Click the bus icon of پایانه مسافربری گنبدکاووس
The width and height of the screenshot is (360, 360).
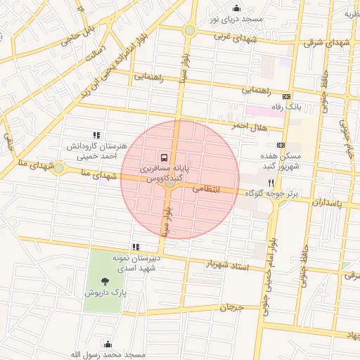pyautogui.click(x=164, y=157)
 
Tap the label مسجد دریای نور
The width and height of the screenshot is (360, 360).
pyautogui.click(x=239, y=19)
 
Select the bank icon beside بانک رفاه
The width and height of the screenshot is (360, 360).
pyautogui.click(x=286, y=96)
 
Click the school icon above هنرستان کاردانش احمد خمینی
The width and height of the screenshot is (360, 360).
pyautogui.click(x=96, y=135)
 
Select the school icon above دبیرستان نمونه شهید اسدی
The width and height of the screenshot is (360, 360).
pyautogui.click(x=136, y=247)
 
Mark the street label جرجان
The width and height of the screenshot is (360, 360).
pyautogui.click(x=230, y=307)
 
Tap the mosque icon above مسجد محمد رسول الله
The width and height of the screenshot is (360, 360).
pyautogui.click(x=108, y=344)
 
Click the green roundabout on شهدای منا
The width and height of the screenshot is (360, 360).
pyautogui.click(x=58, y=168)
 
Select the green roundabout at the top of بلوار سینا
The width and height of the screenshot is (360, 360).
pyautogui.click(x=189, y=30)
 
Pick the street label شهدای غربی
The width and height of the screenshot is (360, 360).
pyautogui.click(x=233, y=35)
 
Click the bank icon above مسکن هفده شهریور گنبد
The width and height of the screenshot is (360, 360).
pyautogui.click(x=281, y=144)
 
